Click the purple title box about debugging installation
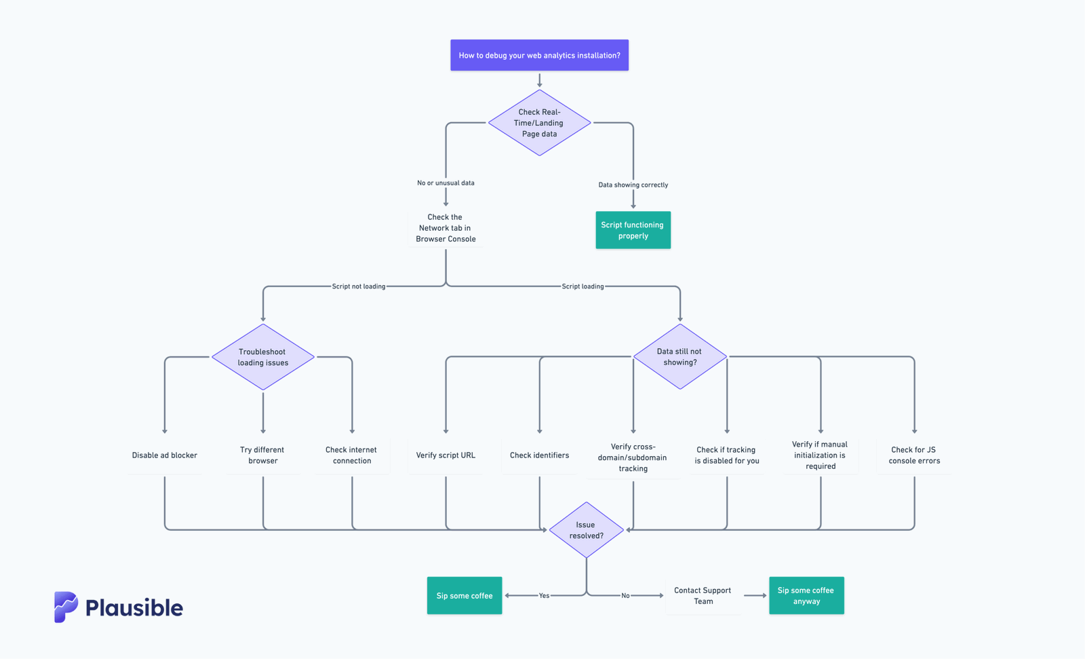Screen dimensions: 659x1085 pyautogui.click(x=539, y=55)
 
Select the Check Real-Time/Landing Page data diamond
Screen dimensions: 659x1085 pyautogui.click(x=539, y=123)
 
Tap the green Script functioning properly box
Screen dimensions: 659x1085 pyautogui.click(x=633, y=230)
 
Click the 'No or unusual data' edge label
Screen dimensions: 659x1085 pyautogui.click(x=446, y=183)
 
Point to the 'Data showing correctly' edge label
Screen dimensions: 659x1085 pyautogui.click(x=633, y=185)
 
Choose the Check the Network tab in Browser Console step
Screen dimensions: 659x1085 pyautogui.click(x=446, y=228)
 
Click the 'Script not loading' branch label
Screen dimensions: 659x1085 pyautogui.click(x=358, y=286)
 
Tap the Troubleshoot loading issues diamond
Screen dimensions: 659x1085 pyautogui.click(x=263, y=357)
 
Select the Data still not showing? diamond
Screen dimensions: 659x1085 pyautogui.click(x=679, y=356)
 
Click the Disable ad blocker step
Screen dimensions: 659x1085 pyautogui.click(x=165, y=455)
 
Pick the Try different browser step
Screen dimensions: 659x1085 pyautogui.click(x=263, y=455)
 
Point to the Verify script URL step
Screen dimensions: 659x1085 pyautogui.click(x=446, y=455)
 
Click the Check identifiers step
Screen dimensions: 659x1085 pyautogui.click(x=539, y=455)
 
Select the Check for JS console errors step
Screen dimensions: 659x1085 pyautogui.click(x=914, y=455)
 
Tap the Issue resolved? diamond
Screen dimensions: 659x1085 pyautogui.click(x=586, y=530)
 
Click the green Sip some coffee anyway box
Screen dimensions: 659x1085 pyautogui.click(x=806, y=596)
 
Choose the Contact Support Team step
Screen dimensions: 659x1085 pyautogui.click(x=703, y=596)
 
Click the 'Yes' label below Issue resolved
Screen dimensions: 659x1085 pyautogui.click(x=544, y=596)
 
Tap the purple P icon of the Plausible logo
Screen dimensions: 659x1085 pyautogui.click(x=66, y=607)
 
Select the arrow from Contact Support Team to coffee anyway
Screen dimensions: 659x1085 pyautogui.click(x=755, y=596)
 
